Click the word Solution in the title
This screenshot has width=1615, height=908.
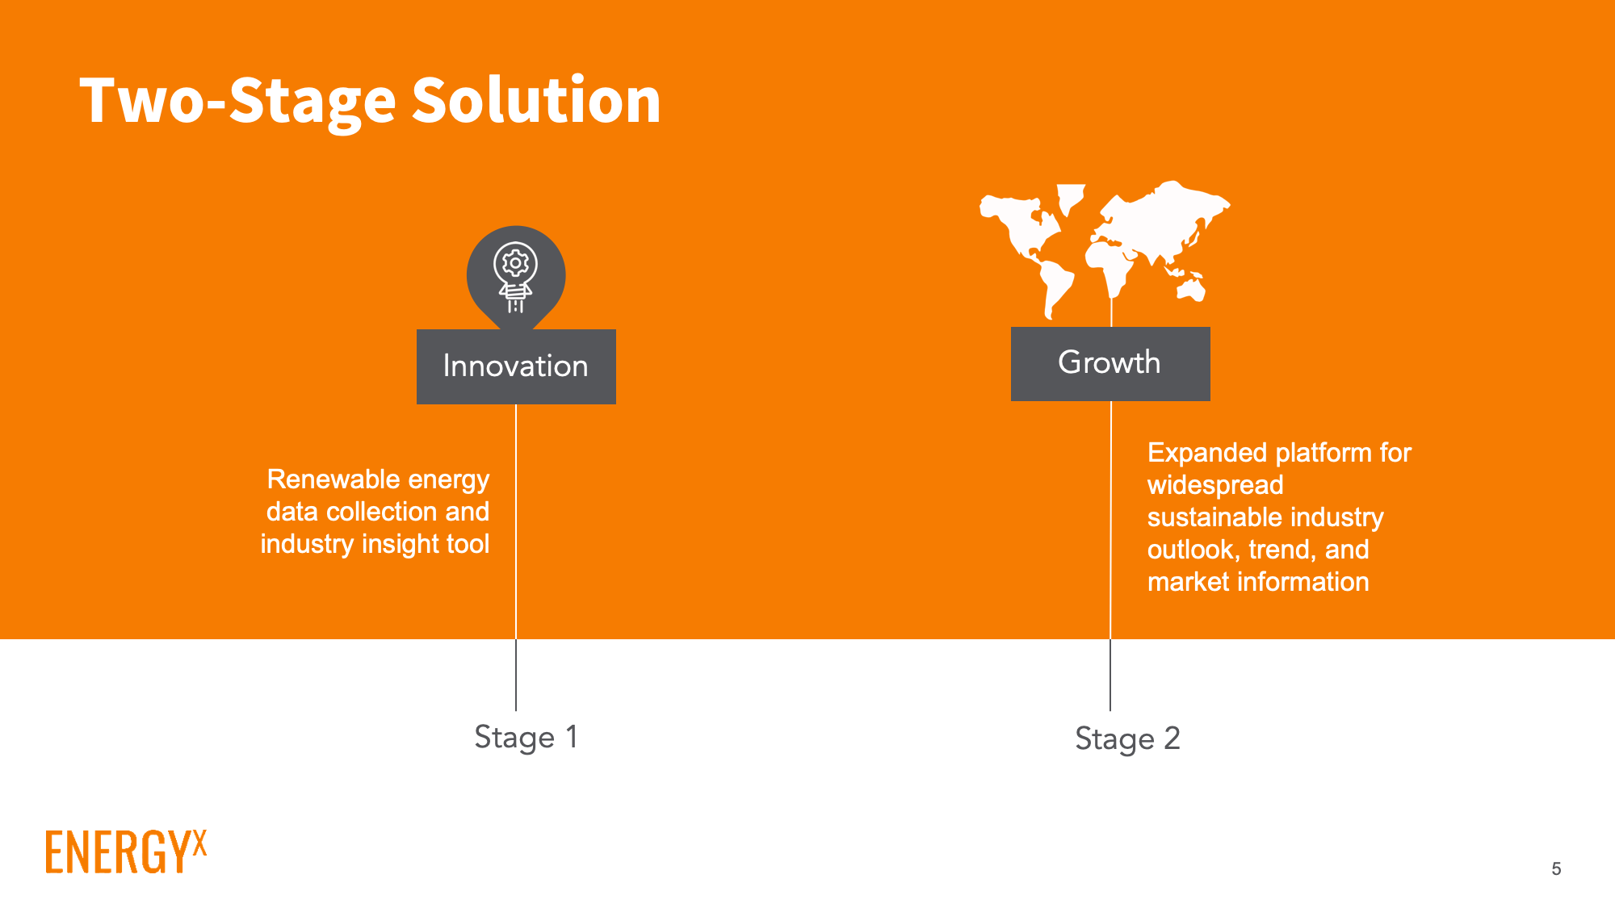536,100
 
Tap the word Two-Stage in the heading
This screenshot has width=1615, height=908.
238,102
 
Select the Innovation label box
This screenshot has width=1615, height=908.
516,366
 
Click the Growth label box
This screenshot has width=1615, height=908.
1110,363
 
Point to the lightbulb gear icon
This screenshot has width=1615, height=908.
516,277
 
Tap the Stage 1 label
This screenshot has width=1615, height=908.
526,738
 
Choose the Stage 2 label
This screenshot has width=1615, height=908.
1127,739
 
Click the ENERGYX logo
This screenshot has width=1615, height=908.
126,852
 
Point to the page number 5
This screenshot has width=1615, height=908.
1556,869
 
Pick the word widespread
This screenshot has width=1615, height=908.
1215,485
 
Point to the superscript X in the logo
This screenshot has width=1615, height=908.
199,842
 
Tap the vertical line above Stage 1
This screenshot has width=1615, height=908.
516,558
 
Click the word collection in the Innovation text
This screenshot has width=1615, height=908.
383,512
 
